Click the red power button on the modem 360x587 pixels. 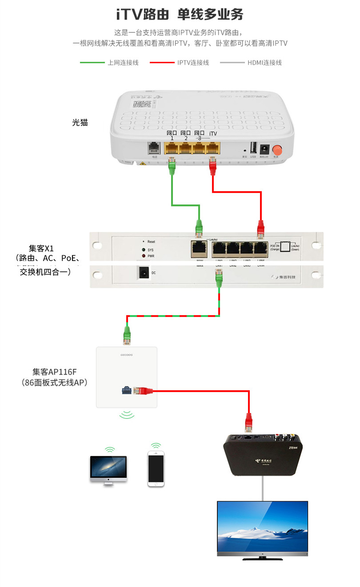coord(278,149)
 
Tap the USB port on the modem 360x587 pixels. coord(253,148)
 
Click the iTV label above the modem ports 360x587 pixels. coord(213,133)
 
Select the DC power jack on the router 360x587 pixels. coord(144,272)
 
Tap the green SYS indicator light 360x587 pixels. coord(143,250)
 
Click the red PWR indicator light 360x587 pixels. coord(143,256)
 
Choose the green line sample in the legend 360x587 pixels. coord(92,63)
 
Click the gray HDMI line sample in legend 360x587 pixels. coord(232,63)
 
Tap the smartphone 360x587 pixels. coord(156,469)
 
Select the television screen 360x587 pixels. coord(262,526)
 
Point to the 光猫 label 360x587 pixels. coord(80,122)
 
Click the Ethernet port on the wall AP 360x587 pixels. coord(126,391)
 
